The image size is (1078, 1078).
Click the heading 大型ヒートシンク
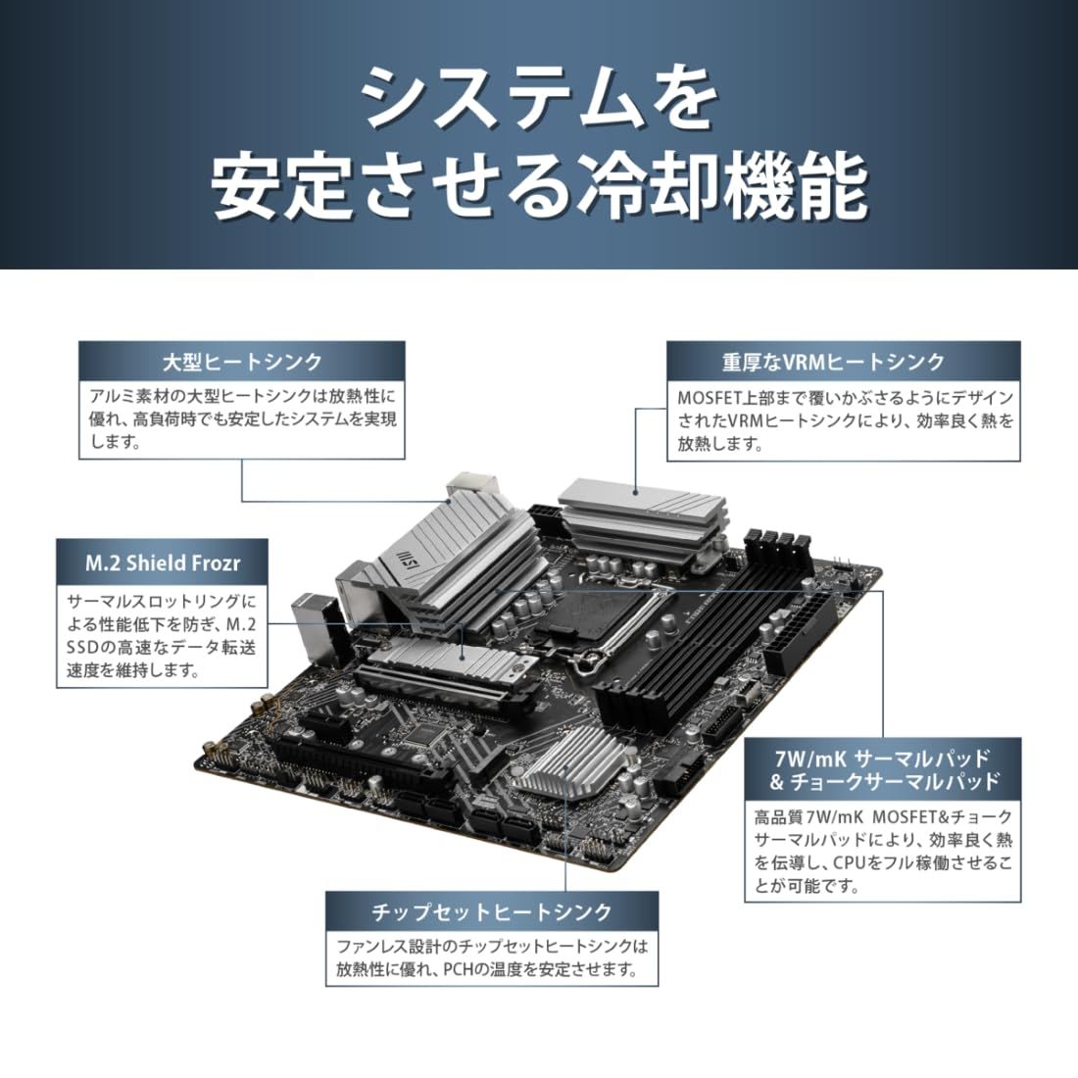click(241, 362)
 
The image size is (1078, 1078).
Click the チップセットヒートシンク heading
click(491, 911)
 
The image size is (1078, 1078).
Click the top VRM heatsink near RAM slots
click(642, 514)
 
